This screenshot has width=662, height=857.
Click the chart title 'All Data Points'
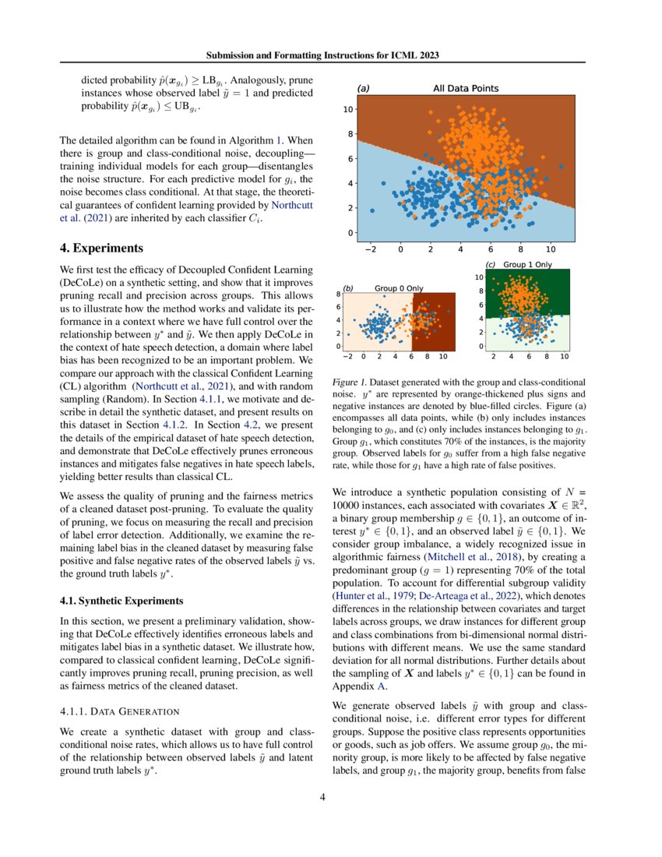coord(466,89)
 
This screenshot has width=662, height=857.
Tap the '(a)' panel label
coord(363,89)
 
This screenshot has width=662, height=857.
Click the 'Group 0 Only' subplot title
coord(399,288)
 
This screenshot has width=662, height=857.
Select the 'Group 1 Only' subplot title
coord(527,265)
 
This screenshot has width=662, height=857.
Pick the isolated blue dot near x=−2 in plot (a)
coord(372,210)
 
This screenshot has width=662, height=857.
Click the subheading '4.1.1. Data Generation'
coord(120,711)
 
